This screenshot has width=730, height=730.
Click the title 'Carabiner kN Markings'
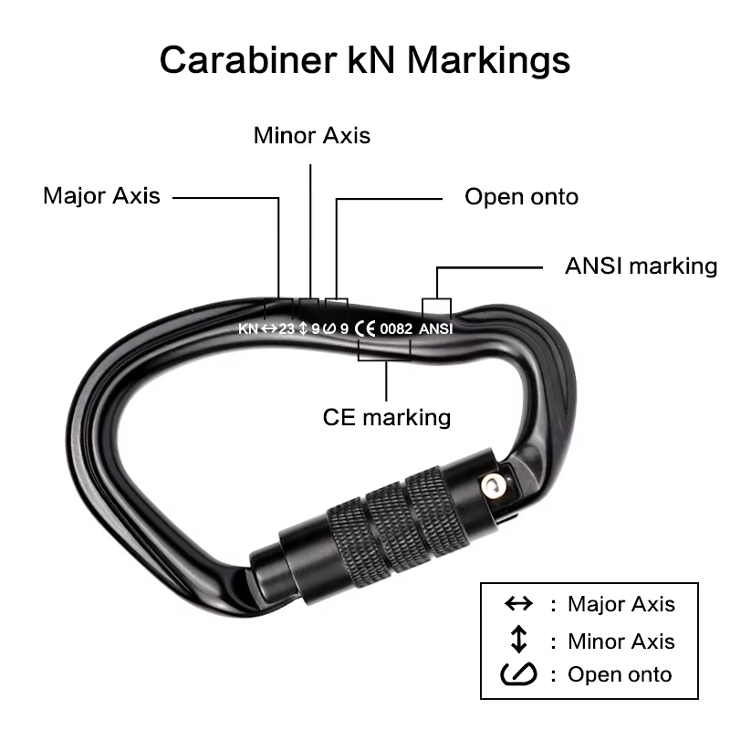365,61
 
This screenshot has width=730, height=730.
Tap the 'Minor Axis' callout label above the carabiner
312,136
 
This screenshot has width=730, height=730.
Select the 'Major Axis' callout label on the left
101,195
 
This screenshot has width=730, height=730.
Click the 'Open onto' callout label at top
521,196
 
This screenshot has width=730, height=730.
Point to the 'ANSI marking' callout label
641,266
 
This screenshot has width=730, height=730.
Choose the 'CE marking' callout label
387,417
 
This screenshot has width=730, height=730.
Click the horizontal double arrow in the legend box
518,604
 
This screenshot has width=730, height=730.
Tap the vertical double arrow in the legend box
518,640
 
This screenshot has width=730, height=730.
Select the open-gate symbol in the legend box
518,675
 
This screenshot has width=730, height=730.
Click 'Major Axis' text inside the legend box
620,604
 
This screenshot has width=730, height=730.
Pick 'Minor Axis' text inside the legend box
620,641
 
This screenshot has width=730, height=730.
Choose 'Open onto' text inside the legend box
620,675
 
